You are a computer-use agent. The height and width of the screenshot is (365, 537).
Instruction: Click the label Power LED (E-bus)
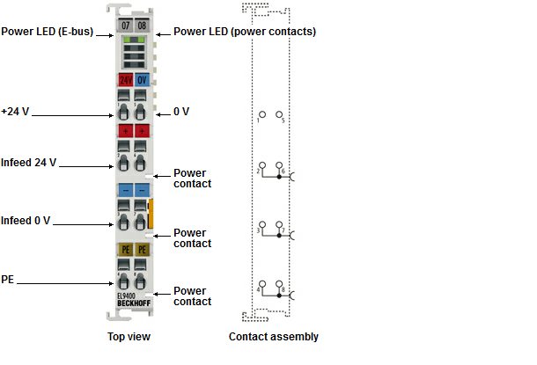click(48, 32)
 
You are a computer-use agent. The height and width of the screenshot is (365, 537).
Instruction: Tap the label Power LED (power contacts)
click(245, 32)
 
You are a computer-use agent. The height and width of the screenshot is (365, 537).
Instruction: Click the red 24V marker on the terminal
click(126, 80)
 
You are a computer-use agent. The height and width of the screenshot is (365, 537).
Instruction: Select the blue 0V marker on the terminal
click(142, 80)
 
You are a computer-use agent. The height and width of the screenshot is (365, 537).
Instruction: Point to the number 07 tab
click(126, 26)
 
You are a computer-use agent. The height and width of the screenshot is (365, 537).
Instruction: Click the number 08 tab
click(142, 26)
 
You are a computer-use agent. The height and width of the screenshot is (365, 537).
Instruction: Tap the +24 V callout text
click(15, 112)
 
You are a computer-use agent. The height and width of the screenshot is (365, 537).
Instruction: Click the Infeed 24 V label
click(29, 163)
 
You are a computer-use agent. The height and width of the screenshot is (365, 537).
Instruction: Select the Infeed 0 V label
click(26, 221)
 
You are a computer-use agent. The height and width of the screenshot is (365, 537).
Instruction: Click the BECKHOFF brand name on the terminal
click(134, 303)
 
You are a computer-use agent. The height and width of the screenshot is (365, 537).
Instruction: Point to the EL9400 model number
click(127, 296)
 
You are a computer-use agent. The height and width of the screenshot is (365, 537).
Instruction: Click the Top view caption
click(129, 337)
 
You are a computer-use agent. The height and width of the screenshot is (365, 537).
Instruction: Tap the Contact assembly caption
click(274, 337)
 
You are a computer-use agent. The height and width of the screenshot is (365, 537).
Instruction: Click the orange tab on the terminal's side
click(151, 214)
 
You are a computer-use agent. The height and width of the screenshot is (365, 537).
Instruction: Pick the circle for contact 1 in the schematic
click(262, 114)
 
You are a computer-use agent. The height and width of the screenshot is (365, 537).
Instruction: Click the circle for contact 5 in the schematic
click(279, 114)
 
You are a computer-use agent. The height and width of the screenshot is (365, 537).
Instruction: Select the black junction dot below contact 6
click(279, 177)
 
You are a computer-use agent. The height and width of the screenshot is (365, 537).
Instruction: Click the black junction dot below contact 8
click(279, 296)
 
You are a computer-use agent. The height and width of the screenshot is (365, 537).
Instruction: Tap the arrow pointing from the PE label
click(65, 283)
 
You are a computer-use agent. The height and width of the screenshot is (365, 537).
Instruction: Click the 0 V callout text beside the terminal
click(181, 112)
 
